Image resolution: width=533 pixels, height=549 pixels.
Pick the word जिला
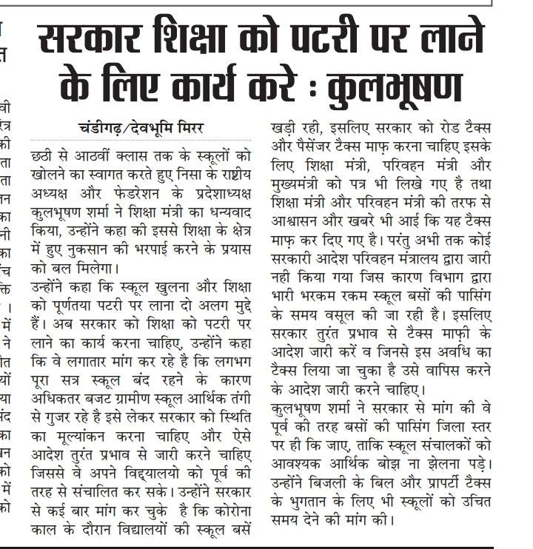click(439, 427)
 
